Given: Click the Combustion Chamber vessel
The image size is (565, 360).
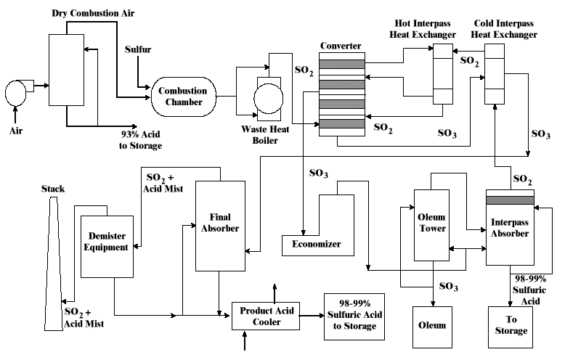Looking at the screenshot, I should pos(183,97).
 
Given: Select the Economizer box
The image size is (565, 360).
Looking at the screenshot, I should pos(317,245).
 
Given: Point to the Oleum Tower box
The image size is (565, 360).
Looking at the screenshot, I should pos(433,224).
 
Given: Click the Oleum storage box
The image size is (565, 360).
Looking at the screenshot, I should pos(433,326).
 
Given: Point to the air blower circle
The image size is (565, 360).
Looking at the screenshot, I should pos(15,92).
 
